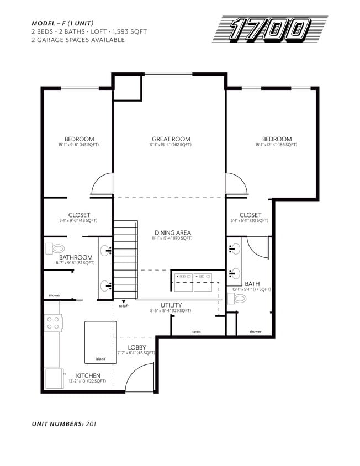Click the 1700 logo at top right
click(x=270, y=29)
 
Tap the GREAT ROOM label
click(x=171, y=139)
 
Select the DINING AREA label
click(x=172, y=233)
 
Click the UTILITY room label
click(x=171, y=305)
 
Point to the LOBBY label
click(x=137, y=347)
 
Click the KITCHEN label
click(x=88, y=375)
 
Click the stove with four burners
click(x=52, y=322)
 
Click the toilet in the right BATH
click(x=239, y=299)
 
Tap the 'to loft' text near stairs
click(x=124, y=306)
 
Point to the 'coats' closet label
click(x=197, y=332)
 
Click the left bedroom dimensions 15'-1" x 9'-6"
click(x=79, y=145)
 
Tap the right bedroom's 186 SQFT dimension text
click(x=276, y=145)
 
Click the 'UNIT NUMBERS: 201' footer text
click(x=68, y=424)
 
